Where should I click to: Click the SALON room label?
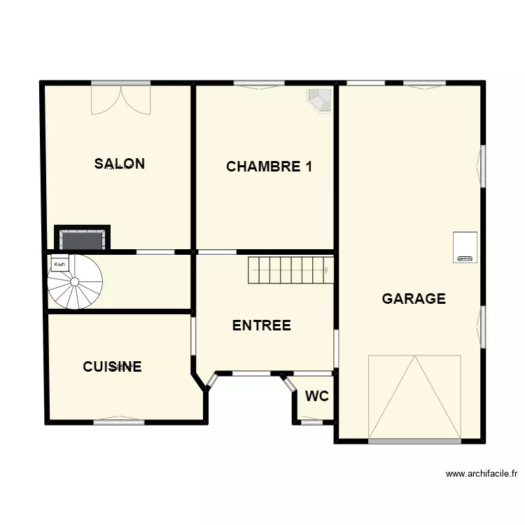click(x=120, y=164)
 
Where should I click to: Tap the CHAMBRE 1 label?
click(x=269, y=167)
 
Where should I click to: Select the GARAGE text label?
click(x=414, y=299)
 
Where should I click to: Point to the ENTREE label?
click(x=261, y=325)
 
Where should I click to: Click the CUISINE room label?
click(x=112, y=367)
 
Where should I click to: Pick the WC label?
click(x=316, y=396)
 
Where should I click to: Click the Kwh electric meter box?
click(x=59, y=264)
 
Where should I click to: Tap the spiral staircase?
click(x=75, y=281)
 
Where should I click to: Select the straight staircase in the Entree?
click(x=287, y=270)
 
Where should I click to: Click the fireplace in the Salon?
click(x=83, y=238)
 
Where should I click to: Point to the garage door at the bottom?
click(x=414, y=398)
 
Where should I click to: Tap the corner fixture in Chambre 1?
click(x=320, y=99)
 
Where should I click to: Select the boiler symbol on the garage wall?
click(x=465, y=247)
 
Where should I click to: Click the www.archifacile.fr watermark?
click(x=481, y=474)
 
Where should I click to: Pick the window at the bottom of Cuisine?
click(x=119, y=421)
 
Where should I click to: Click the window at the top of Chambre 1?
click(x=259, y=85)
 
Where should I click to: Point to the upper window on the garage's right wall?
click(x=482, y=166)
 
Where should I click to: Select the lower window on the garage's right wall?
click(x=482, y=327)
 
